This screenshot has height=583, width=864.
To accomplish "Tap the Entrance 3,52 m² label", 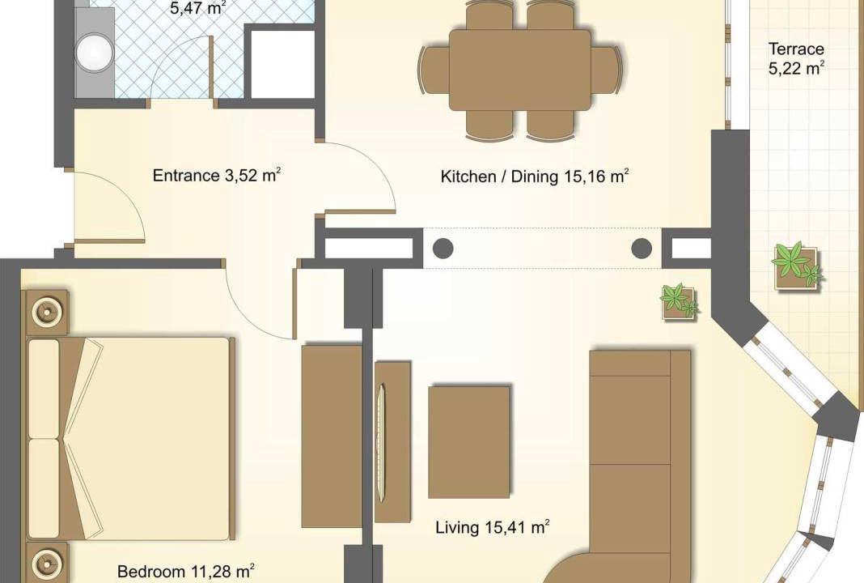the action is click(217, 176).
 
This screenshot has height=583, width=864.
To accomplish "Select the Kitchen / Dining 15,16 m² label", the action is click(535, 177).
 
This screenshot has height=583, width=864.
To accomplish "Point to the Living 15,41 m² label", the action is click(493, 527).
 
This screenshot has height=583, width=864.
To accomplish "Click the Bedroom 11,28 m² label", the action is click(186, 572).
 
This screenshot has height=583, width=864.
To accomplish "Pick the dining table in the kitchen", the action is click(519, 70).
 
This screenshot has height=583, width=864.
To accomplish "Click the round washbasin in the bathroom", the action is click(94, 53).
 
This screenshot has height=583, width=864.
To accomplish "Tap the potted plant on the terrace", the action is click(797, 266).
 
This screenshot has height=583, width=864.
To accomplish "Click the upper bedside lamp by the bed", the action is click(46, 313).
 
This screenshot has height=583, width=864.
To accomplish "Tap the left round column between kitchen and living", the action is click(443, 249).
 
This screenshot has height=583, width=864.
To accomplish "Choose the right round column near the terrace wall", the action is click(642, 249).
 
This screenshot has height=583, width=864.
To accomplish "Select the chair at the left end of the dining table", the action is click(434, 70).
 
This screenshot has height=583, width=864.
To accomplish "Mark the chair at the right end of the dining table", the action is click(606, 70).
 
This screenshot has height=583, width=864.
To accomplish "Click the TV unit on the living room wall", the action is click(392, 442).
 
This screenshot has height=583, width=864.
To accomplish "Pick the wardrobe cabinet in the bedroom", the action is click(331, 436).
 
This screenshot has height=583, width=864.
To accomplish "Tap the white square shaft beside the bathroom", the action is click(282, 65).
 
